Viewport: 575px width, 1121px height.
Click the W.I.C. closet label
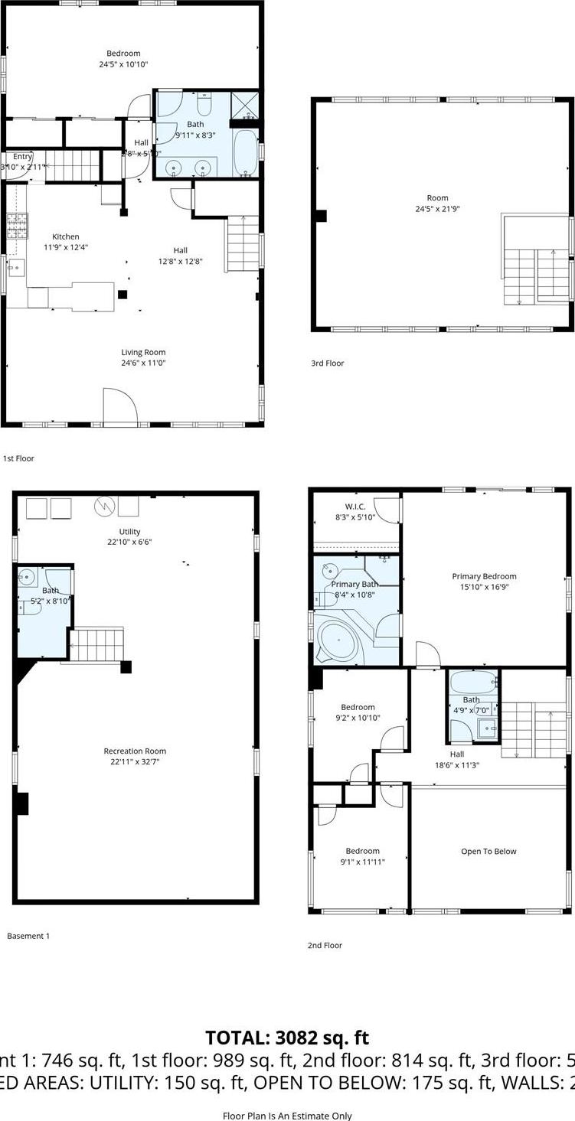355,507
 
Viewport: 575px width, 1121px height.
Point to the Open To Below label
488,851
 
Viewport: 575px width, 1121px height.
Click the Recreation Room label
135,751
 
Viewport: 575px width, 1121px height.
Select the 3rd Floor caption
327,363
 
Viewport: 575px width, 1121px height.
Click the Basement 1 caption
28,935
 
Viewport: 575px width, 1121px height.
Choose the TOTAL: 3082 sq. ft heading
287,1038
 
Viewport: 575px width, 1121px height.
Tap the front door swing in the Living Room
120,406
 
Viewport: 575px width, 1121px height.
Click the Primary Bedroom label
484,576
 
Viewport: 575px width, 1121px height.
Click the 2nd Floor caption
325,946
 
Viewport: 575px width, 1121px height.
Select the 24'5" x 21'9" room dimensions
437,209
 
